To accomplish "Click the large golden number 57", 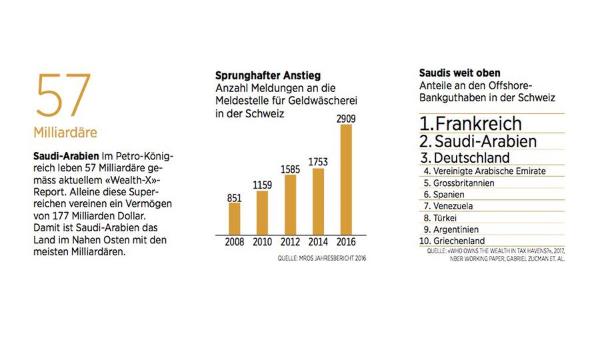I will click(x=63, y=95).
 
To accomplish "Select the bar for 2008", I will click(x=234, y=218).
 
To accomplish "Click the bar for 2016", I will click(x=346, y=179).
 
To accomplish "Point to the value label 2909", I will click(x=346, y=117).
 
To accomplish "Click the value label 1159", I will click(x=262, y=184).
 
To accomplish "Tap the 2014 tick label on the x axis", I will click(x=318, y=243).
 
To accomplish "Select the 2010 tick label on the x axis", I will click(x=262, y=243).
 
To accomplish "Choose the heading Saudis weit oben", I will click(x=459, y=73).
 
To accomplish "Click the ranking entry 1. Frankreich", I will click(x=471, y=123).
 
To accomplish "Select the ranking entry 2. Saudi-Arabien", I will click(x=478, y=141).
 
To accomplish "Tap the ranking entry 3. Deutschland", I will click(x=465, y=158).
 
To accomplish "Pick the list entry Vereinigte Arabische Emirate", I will click(x=485, y=171).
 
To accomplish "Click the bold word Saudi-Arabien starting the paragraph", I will click(x=61, y=155).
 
